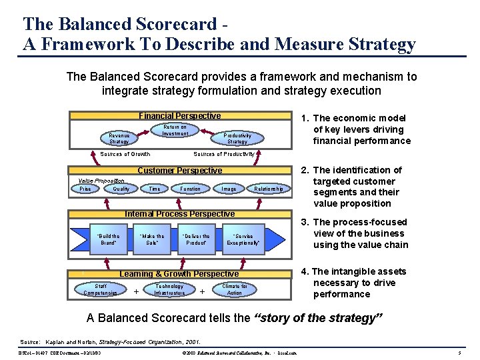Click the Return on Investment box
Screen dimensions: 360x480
click(x=175, y=130)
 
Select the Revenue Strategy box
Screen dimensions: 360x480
click(x=119, y=138)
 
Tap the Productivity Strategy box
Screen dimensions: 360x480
click(x=237, y=138)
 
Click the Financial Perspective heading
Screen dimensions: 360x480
click(x=179, y=116)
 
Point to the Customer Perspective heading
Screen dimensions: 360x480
click(x=179, y=171)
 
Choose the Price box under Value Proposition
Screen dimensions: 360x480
click(x=85, y=189)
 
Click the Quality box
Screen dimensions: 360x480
click(x=121, y=189)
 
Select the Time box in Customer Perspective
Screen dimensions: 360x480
click(x=155, y=189)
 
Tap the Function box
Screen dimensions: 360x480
click(x=190, y=189)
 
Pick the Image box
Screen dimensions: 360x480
click(x=229, y=189)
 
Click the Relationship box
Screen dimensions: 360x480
click(x=269, y=189)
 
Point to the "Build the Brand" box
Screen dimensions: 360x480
click(x=109, y=239)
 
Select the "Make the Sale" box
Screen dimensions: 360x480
click(x=152, y=239)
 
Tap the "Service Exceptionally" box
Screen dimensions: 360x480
click(x=243, y=239)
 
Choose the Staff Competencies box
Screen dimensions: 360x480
click(x=100, y=289)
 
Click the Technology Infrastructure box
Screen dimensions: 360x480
click(x=169, y=289)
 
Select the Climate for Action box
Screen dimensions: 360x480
click(x=234, y=289)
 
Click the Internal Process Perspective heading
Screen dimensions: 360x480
click(x=180, y=214)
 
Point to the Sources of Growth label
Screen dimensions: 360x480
click(x=125, y=154)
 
